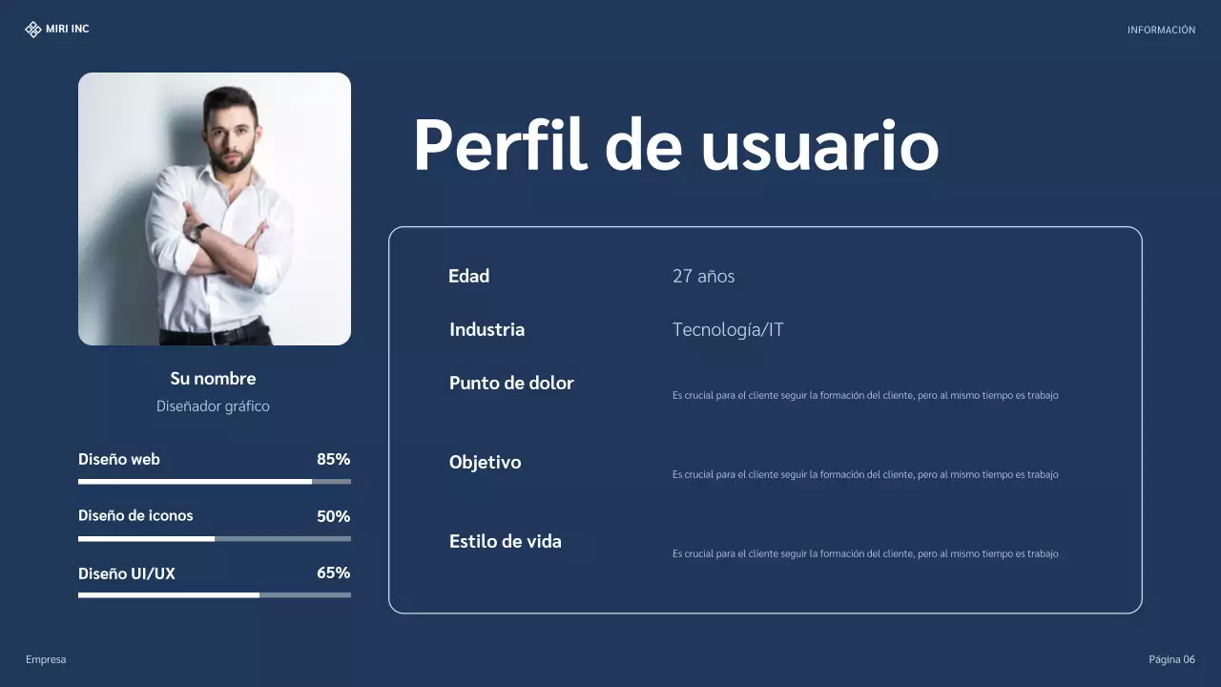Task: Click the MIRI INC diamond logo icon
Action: click(33, 30)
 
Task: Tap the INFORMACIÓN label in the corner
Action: click(1161, 31)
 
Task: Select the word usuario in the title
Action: click(819, 147)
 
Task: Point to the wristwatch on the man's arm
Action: click(198, 232)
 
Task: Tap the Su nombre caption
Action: click(213, 379)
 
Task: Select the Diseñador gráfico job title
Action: click(213, 406)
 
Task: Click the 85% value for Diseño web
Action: click(333, 460)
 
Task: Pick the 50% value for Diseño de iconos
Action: click(333, 516)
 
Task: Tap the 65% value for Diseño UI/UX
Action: click(333, 573)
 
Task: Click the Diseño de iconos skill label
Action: click(135, 516)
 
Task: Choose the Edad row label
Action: click(468, 277)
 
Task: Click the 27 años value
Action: click(703, 277)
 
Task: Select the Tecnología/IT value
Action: click(728, 330)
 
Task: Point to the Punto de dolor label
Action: click(511, 384)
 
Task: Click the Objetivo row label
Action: click(485, 463)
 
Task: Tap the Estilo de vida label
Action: click(505, 542)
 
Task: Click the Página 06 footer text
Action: click(1171, 660)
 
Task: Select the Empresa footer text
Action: click(46, 660)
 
